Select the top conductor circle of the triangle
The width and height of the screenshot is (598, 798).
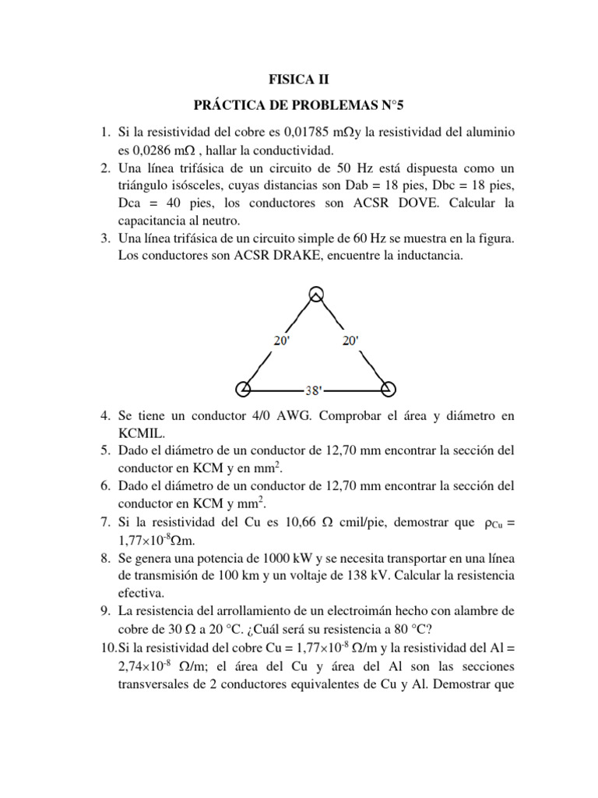point(315,294)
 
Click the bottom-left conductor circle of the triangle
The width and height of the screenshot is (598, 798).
point(243,388)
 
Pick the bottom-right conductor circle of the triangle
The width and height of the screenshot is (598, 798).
point(387,388)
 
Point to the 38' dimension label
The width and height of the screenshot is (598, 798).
point(315,389)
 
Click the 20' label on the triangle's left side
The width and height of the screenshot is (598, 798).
point(283,341)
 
